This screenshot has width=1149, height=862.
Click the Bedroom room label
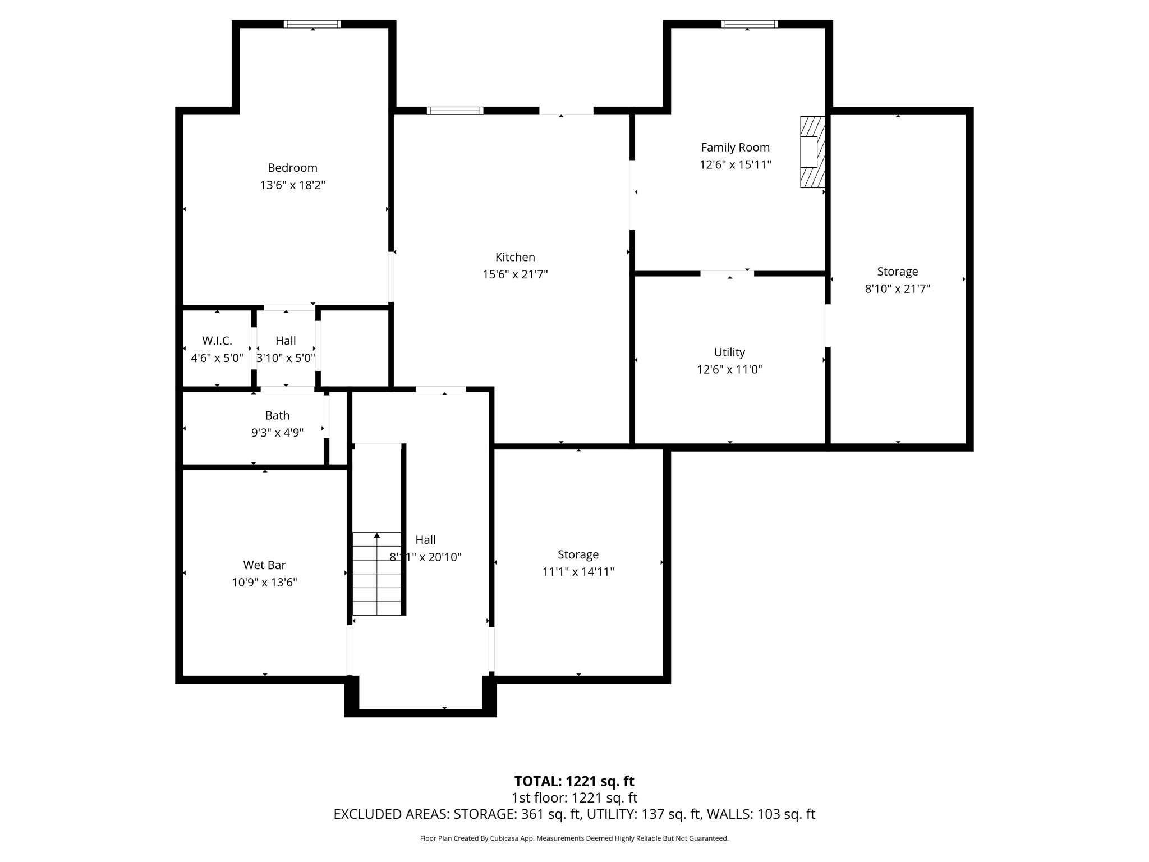292,168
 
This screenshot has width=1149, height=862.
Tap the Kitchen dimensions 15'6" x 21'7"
515,274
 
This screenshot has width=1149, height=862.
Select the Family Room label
735,148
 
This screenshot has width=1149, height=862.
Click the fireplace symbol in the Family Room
812,152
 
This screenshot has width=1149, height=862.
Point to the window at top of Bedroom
312,24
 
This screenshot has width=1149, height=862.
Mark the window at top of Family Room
749,24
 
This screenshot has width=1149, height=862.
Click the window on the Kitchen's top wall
455,111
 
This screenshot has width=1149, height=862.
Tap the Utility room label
729,352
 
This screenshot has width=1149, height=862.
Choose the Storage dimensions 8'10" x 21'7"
897,289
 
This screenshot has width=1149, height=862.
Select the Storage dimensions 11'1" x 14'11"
578,572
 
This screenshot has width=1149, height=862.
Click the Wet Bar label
264,565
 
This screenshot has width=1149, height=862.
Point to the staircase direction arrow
377,537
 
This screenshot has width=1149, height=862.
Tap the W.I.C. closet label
217,341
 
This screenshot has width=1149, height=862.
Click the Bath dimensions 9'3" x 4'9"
277,433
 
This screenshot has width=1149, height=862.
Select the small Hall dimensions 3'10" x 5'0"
286,358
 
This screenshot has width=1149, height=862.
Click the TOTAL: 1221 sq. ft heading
574,781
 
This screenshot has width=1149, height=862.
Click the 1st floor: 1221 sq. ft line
574,797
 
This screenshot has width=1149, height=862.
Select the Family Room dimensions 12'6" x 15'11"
735,165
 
